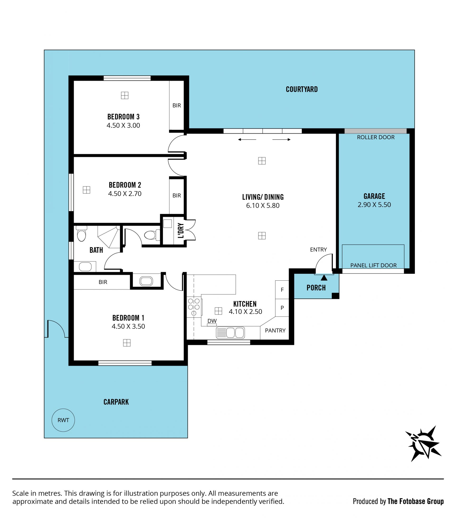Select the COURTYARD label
click(302, 89)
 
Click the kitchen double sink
click(230, 332)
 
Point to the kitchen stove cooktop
click(194, 307)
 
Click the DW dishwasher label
click(212, 321)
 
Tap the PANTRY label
click(275, 330)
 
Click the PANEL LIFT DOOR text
click(373, 265)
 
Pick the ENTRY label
click(318, 250)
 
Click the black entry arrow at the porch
click(324, 278)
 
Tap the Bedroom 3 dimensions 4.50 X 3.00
click(123, 125)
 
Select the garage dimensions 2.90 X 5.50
click(374, 205)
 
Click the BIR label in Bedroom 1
click(103, 282)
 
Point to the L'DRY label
click(180, 230)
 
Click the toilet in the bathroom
click(81, 233)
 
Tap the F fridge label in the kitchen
click(282, 290)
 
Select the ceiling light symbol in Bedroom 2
click(86, 190)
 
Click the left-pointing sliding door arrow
click(247, 139)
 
